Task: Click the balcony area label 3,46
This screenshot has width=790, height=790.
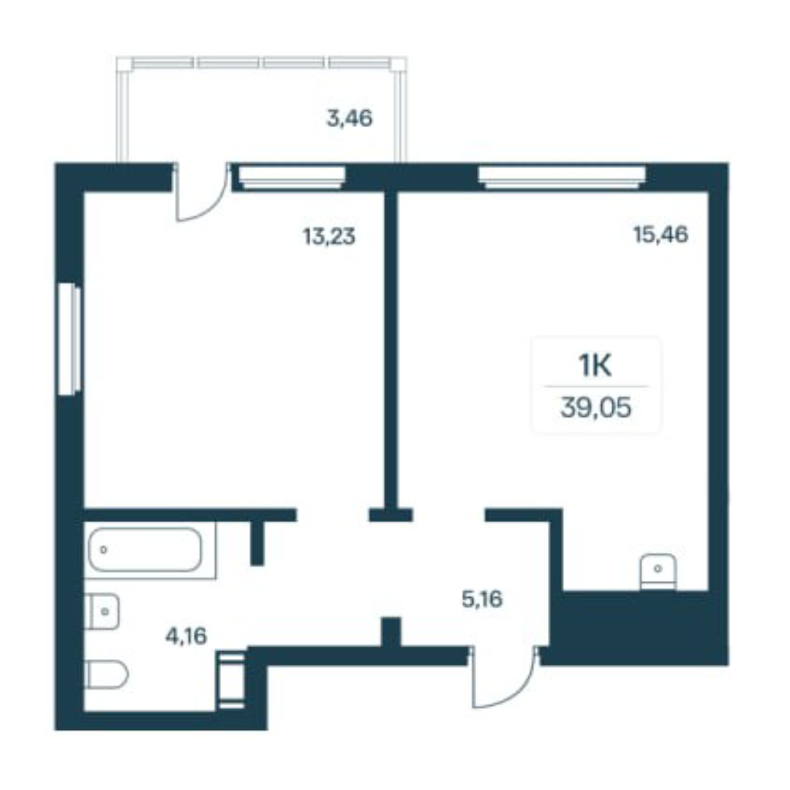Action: (350, 119)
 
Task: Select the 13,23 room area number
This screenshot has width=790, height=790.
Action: (329, 236)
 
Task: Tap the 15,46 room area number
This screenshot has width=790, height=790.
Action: (661, 234)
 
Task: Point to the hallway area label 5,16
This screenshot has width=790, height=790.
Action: (482, 599)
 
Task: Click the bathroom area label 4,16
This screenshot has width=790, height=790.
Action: (187, 636)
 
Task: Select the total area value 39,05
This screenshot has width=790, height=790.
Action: (595, 407)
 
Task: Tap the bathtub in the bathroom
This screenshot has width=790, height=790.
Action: (146, 549)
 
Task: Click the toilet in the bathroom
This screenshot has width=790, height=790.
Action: (106, 674)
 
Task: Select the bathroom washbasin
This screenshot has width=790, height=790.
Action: (102, 611)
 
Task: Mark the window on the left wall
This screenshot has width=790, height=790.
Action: (69, 339)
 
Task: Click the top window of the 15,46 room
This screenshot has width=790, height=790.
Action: (562, 177)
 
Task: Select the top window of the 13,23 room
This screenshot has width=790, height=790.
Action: (292, 177)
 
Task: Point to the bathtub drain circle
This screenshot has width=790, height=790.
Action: (104, 549)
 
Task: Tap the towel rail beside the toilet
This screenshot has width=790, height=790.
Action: (231, 680)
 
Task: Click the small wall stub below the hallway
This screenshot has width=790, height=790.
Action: (391, 632)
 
